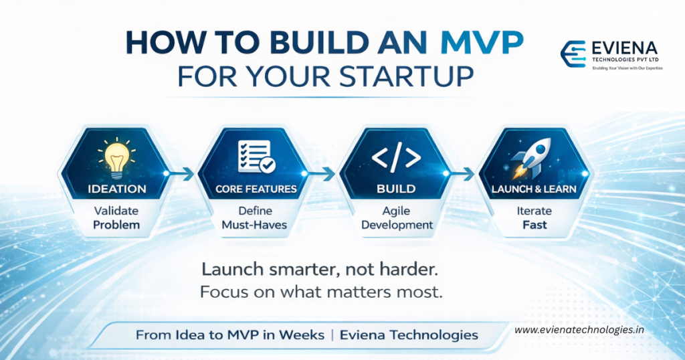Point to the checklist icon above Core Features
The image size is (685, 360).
[x=254, y=155]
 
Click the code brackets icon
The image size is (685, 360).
[x=396, y=157]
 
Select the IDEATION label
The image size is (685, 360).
[x=116, y=189]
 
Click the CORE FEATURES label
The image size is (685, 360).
[x=256, y=189]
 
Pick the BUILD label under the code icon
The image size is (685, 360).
[x=396, y=189]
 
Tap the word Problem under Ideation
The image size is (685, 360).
[x=116, y=224]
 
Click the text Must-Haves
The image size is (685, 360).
[x=254, y=225]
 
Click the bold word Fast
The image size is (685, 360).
[x=534, y=226]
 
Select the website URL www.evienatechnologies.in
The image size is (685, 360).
[x=579, y=330]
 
